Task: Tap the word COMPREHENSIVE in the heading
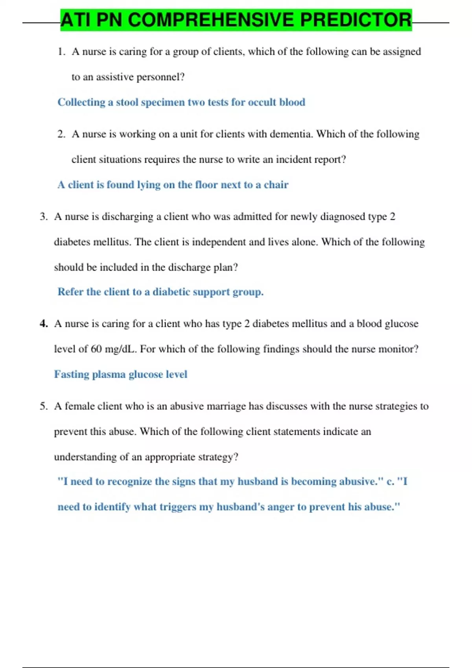[210, 20]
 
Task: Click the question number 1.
[61, 51]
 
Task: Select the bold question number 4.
[44, 324]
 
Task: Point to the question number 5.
[43, 406]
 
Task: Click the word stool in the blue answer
[127, 102]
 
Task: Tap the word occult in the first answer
[262, 102]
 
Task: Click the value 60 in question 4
[96, 349]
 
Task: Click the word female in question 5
[80, 406]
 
